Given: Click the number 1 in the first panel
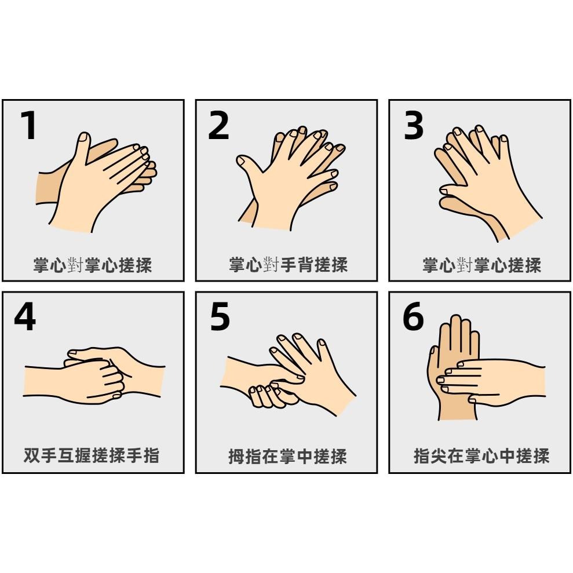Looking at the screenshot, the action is coord(28,125).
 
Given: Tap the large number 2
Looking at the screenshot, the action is coord(218,125).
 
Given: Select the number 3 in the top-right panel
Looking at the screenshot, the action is coord(413,125).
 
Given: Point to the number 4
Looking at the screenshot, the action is coord(25,316).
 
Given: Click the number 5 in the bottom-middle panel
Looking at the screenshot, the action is coord(220,317).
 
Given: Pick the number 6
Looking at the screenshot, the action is coord(413,316).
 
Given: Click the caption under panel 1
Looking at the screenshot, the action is coord(93,265).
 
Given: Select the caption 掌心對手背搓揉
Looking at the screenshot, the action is coord(289,264).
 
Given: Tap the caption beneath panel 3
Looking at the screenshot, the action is coord(481,265).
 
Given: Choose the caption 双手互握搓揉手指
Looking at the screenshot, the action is coord(92,455).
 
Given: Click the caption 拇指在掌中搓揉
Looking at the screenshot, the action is coord(287,456).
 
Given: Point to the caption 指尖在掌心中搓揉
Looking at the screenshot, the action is coord(481,456).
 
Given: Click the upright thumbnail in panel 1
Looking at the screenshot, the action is coord(85,137).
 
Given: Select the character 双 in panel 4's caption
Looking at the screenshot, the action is coord(32,455).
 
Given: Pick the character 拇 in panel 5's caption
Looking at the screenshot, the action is coord(236,456).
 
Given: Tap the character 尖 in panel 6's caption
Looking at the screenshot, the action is coord(439,456).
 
